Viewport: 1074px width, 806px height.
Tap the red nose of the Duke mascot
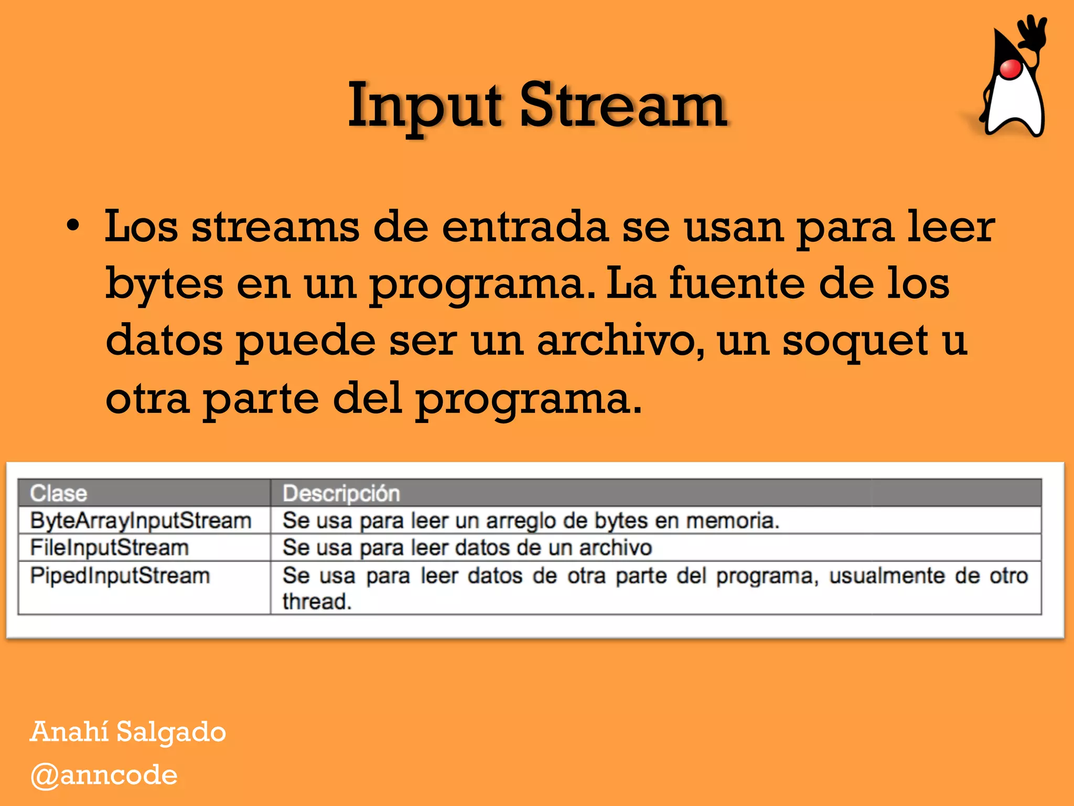(1010, 69)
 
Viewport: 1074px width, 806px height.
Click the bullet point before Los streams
(73, 227)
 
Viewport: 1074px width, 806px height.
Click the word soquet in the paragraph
(855, 341)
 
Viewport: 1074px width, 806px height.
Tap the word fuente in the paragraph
(737, 284)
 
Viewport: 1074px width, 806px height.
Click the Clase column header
(58, 493)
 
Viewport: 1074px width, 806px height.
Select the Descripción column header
(341, 493)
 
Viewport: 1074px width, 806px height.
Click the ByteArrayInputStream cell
(141, 521)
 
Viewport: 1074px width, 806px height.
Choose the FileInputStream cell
(109, 548)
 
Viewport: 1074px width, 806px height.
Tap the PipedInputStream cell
(120, 576)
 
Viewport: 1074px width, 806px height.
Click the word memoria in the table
(732, 521)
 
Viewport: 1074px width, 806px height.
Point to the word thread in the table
(316, 602)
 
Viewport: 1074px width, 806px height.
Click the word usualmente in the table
(886, 576)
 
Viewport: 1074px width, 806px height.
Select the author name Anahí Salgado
(127, 731)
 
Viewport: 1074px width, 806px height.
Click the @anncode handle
(104, 775)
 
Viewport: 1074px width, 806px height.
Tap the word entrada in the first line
(525, 227)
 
